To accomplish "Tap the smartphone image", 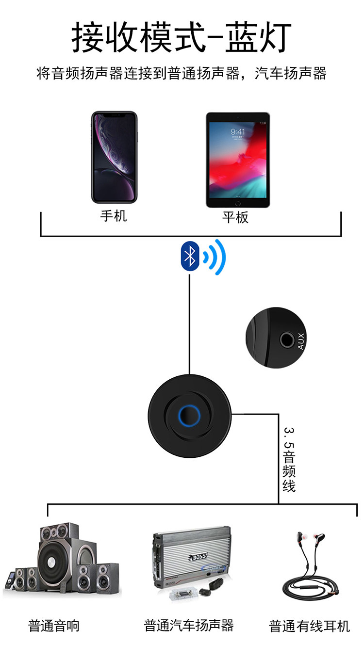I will [114, 157].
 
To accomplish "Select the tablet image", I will [237, 160].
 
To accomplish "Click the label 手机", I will [114, 216].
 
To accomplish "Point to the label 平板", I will [235, 217].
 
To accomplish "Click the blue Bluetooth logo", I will [190, 256].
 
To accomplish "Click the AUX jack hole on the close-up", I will [286, 340].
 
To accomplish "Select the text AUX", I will [301, 341].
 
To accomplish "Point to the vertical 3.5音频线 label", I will [289, 459].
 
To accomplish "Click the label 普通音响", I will [54, 626].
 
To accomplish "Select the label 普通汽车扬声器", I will [189, 626].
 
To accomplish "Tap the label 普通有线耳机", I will [309, 626].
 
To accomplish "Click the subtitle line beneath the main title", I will [182, 74].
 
